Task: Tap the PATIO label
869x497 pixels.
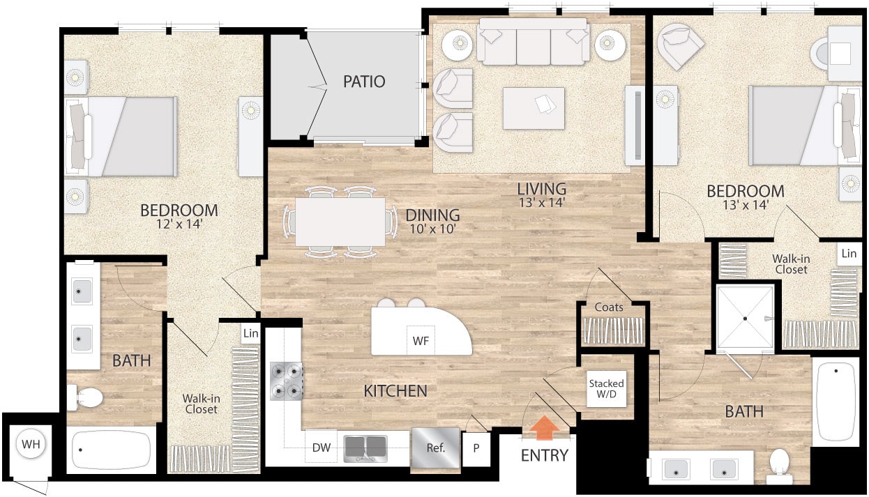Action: [x=363, y=82]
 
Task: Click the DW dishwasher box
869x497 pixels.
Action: [x=321, y=447]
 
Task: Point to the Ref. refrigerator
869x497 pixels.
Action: [x=435, y=447]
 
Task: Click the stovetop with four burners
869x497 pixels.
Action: [x=286, y=383]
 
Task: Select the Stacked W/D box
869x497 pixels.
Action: [x=606, y=390]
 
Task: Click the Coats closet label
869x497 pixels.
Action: [x=609, y=307]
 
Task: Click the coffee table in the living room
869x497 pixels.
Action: [x=534, y=107]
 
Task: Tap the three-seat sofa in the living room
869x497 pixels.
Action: [x=534, y=43]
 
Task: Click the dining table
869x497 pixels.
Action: [x=340, y=222]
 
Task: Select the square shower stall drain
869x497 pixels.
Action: [x=745, y=318]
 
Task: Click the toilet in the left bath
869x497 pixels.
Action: [x=86, y=398]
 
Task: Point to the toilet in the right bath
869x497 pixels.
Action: [x=778, y=465]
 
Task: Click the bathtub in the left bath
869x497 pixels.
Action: [x=112, y=450]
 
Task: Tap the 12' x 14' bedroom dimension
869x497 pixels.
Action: [x=179, y=224]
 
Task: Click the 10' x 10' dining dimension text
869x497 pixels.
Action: [x=432, y=229]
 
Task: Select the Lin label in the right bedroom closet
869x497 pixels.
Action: [x=848, y=254]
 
